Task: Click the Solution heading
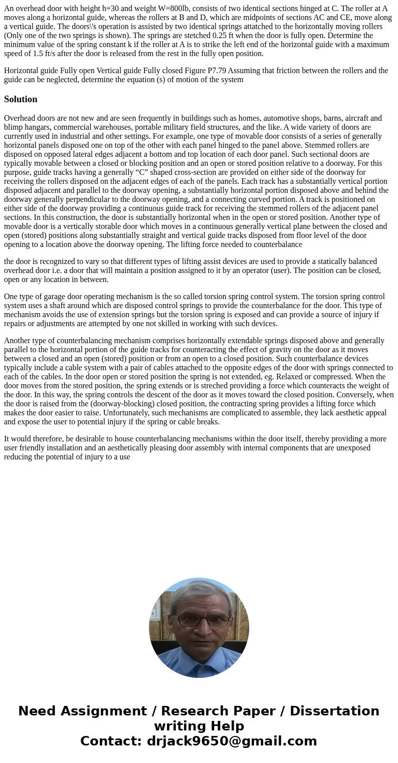tap(21, 99)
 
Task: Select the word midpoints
tap(228, 18)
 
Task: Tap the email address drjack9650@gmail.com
tap(232, 741)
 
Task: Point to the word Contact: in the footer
tap(111, 741)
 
